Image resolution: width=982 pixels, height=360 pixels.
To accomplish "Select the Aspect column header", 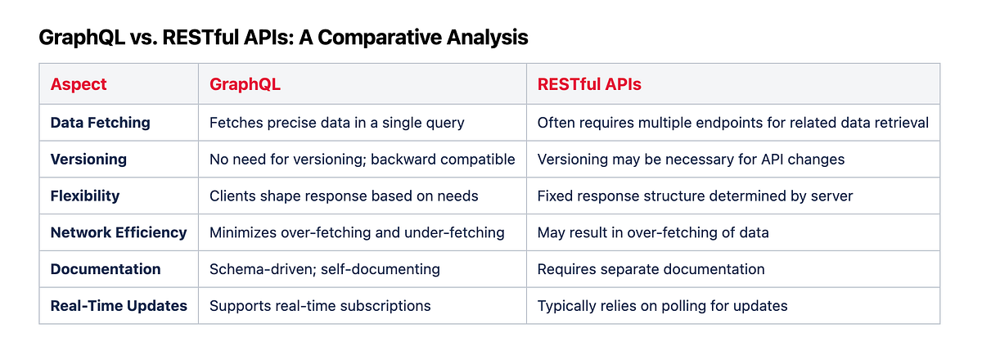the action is (79, 84).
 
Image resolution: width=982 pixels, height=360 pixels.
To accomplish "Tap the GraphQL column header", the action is (245, 84).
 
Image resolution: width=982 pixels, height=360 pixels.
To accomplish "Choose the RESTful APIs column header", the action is (589, 84).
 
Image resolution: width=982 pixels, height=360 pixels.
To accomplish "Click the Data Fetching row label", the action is (101, 123).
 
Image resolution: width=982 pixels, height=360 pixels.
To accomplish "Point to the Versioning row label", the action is (88, 160).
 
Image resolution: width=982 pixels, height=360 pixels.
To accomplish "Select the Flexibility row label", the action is (85, 196).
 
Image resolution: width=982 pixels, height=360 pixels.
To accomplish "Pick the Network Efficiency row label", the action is (119, 232).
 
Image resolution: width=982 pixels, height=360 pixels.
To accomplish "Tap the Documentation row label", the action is (106, 269).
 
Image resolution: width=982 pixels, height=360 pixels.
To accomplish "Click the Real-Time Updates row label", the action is (119, 306).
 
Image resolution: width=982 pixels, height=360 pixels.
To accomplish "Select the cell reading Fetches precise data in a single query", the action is (336, 123).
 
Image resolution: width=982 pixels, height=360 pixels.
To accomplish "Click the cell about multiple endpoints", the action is (732, 123).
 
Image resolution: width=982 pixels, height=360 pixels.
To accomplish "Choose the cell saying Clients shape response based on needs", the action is (344, 196).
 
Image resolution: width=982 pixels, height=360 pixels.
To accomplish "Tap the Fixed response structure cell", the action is (695, 196).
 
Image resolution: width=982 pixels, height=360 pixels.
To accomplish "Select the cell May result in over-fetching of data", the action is (653, 232).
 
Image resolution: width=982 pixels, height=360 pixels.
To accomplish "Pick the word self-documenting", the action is (380, 269).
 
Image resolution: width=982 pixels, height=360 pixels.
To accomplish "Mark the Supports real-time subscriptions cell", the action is (320, 306).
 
